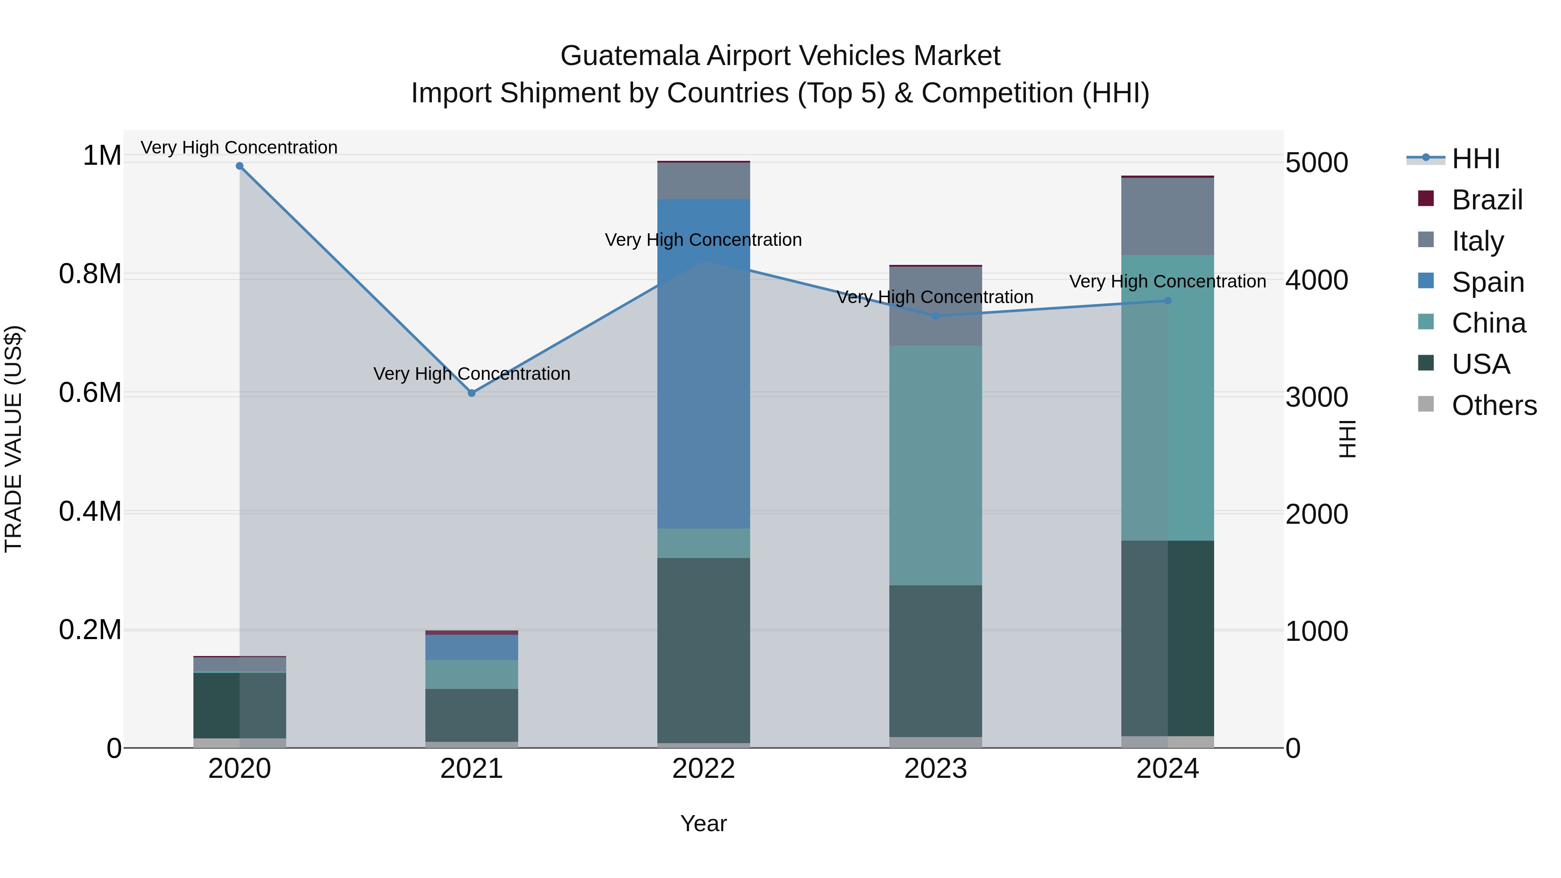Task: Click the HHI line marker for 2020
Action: click(239, 166)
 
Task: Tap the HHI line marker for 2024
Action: click(1168, 300)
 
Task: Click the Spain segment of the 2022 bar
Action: click(704, 364)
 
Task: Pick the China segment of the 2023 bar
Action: click(936, 465)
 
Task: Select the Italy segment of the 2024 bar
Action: click(1168, 216)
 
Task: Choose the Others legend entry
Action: click(1494, 405)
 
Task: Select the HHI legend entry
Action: click(1476, 159)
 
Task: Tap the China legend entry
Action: click(1488, 323)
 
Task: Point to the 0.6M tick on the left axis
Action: click(90, 393)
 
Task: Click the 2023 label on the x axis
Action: click(936, 769)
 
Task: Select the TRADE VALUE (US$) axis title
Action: click(13, 439)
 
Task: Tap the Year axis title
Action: click(704, 823)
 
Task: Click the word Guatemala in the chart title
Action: click(630, 56)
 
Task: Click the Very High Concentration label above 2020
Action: click(239, 147)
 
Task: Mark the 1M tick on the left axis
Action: click(102, 155)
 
